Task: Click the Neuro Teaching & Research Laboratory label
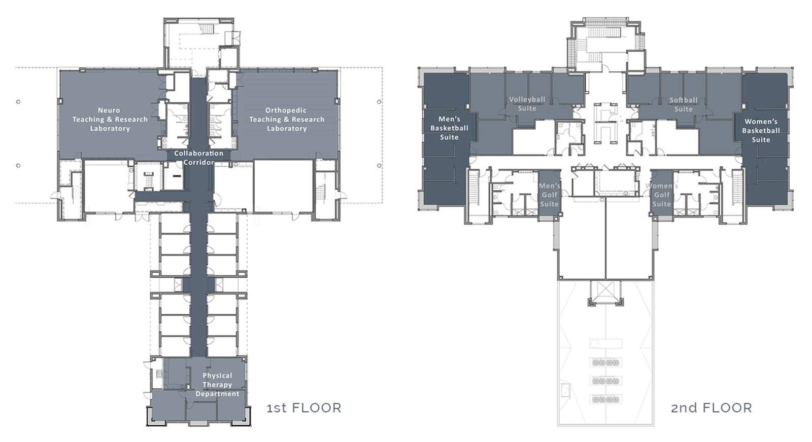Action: (x=110, y=120)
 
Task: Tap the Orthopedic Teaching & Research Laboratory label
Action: (x=286, y=120)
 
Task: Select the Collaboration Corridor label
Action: (x=198, y=158)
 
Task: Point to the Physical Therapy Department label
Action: (x=217, y=384)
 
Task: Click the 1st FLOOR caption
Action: (x=304, y=408)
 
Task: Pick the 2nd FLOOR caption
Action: (x=711, y=408)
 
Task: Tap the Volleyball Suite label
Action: (x=527, y=104)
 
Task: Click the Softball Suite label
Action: (x=683, y=104)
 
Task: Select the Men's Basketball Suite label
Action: (x=449, y=128)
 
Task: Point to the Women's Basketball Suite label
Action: (x=761, y=131)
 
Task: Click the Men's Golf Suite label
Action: (x=549, y=195)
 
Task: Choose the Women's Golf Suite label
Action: (x=662, y=195)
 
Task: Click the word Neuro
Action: (x=109, y=110)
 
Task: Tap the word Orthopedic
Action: (x=286, y=110)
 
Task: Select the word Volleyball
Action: (x=527, y=99)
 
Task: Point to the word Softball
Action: (x=683, y=100)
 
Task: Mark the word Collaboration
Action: (x=198, y=154)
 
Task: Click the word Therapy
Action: (x=217, y=385)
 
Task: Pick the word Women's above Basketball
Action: (x=760, y=122)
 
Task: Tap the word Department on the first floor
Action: (x=217, y=394)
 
